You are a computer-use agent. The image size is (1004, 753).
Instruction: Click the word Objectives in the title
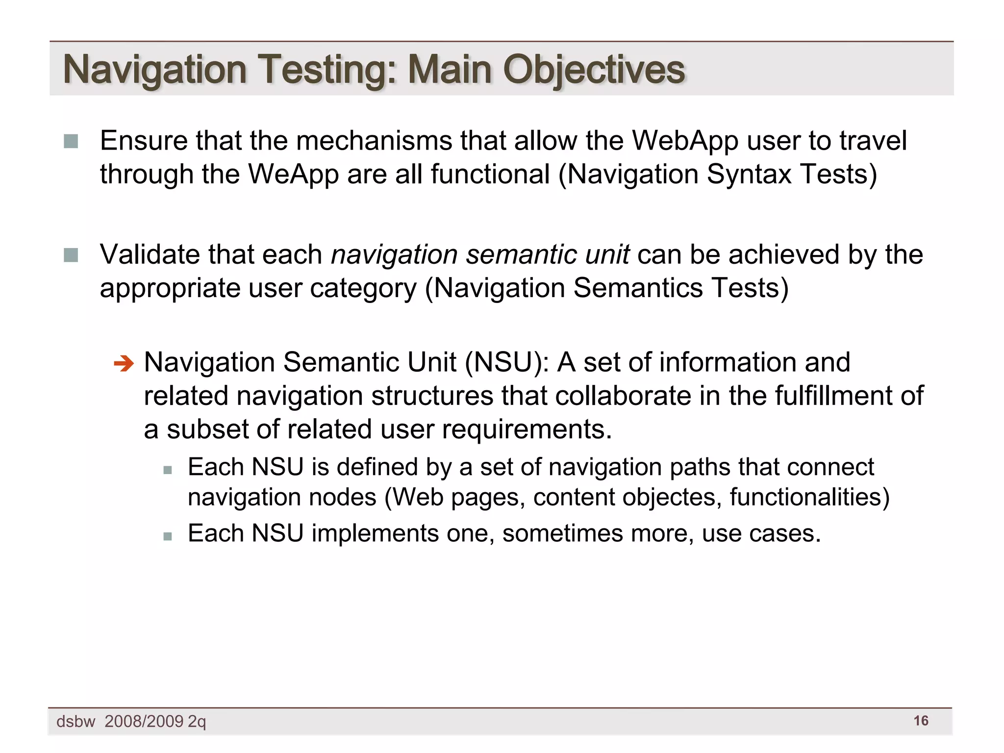click(594, 70)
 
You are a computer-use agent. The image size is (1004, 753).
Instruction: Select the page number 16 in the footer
click(921, 721)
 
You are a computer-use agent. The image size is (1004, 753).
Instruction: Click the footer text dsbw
click(75, 722)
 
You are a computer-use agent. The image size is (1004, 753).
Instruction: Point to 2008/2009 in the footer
click(144, 722)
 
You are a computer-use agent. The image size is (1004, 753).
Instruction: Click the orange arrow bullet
click(123, 364)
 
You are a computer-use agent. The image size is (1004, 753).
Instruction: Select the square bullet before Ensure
click(71, 141)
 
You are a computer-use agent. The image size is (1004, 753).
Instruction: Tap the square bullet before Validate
click(71, 255)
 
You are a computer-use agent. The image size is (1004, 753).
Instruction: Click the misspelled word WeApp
click(293, 175)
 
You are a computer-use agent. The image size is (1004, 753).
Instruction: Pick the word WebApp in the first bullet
click(685, 141)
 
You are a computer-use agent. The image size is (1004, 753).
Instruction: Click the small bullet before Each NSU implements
click(168, 536)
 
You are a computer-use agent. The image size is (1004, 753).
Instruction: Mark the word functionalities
click(809, 497)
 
